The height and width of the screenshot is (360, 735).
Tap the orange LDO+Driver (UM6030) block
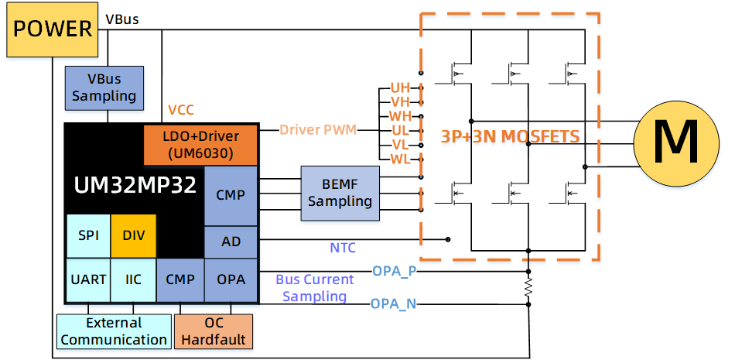point(200,144)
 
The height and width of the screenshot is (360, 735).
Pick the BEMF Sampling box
point(340,191)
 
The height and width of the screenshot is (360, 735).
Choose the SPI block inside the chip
point(88,235)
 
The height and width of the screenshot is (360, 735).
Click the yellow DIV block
point(134,235)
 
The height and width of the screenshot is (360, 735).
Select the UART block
point(88,279)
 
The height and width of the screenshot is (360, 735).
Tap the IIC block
point(134,279)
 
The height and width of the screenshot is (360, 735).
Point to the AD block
point(231,242)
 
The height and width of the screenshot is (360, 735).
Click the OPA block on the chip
point(231,279)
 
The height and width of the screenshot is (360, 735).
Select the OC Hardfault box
point(214,331)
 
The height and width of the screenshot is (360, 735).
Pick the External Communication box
point(113,331)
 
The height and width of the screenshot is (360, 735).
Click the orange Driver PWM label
point(318,129)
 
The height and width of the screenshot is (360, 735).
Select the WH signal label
point(399,116)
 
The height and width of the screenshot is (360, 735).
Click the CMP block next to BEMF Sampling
point(231,194)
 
